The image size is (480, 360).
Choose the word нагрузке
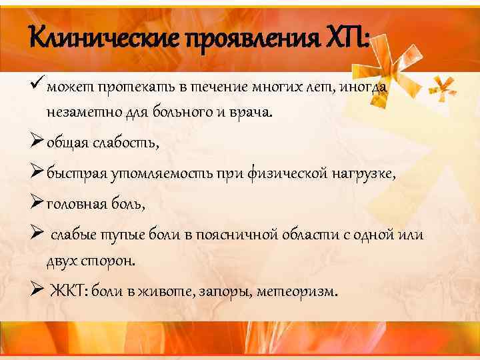click(x=364, y=174)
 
